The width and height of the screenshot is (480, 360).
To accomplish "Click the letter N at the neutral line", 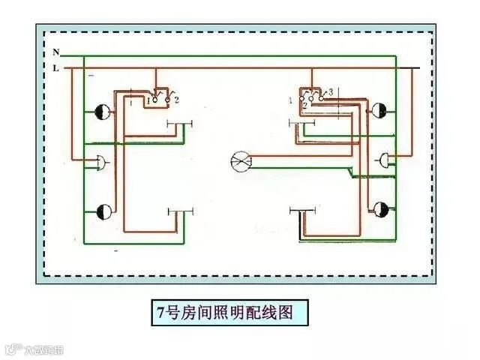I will (x=56, y=52).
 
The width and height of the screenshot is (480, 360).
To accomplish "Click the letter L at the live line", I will (x=56, y=67).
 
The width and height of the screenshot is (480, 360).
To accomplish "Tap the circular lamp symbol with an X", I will (x=241, y=159).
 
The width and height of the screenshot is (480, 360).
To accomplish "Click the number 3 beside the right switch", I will (x=330, y=91).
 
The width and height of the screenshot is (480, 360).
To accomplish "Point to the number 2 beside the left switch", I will (x=175, y=99).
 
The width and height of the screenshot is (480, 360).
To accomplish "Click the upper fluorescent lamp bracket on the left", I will (x=179, y=124).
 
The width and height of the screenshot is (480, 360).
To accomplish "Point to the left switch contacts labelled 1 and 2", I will (x=159, y=97).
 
